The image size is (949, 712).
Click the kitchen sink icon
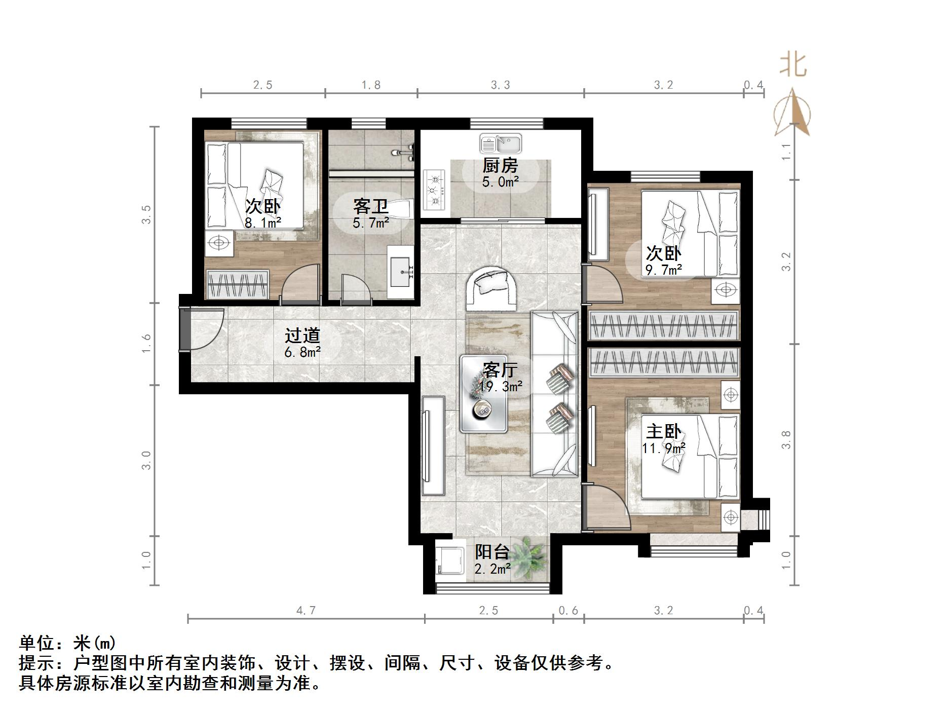tap(501, 144)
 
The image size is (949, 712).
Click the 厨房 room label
tap(500, 166)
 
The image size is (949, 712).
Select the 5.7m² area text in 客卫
tap(371, 222)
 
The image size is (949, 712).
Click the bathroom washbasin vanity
tap(401, 272)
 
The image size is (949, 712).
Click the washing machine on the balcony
tap(450, 560)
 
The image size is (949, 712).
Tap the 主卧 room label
tap(663, 432)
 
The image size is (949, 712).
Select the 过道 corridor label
tap(302, 335)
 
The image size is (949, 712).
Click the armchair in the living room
tap(491, 288)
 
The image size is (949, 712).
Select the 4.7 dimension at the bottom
tap(306, 611)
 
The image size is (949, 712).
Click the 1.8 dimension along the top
tap(371, 85)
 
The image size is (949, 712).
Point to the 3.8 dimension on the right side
tap(786, 439)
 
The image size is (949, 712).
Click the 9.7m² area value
tap(663, 270)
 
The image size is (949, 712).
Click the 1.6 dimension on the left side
tap(146, 344)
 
